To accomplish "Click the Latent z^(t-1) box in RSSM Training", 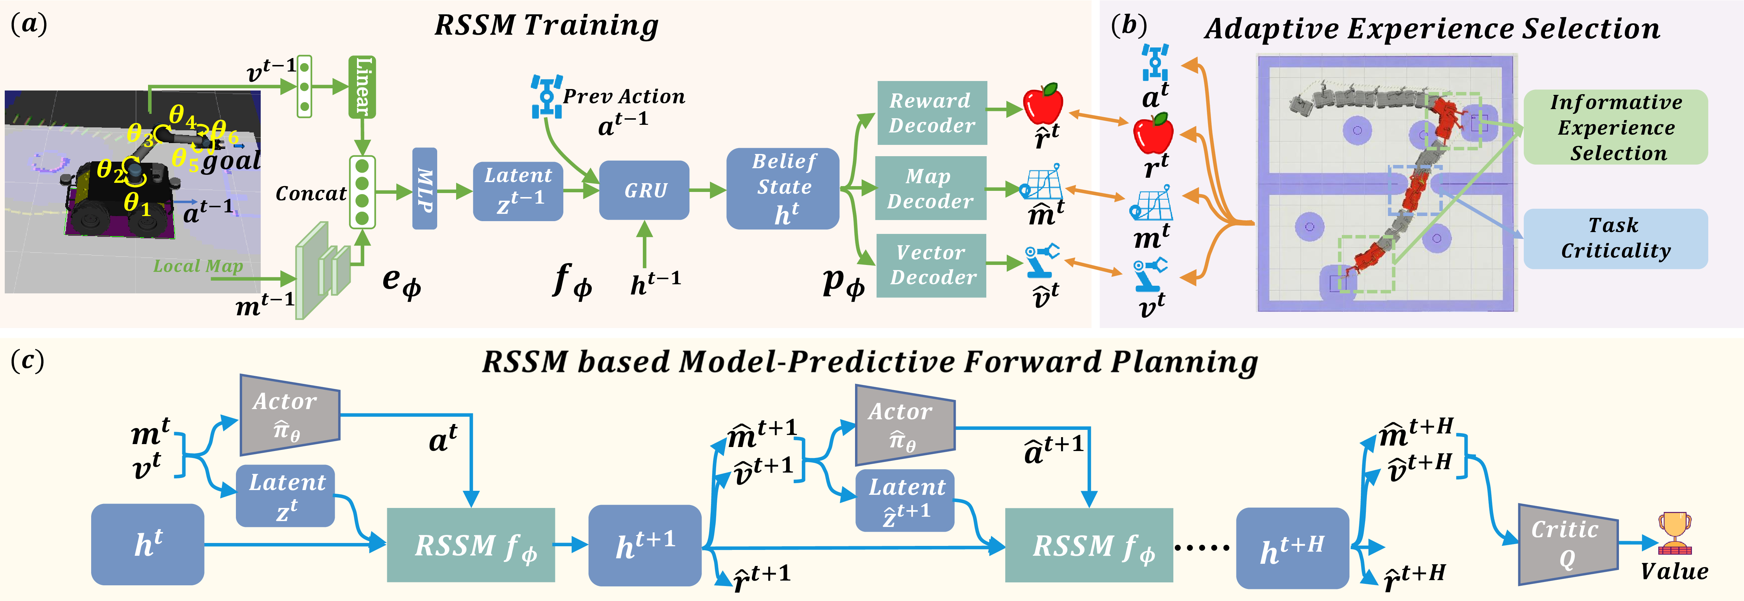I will (518, 191).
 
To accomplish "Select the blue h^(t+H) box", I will (1292, 547).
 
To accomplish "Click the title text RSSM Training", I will (546, 26).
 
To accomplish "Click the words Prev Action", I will (624, 97).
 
